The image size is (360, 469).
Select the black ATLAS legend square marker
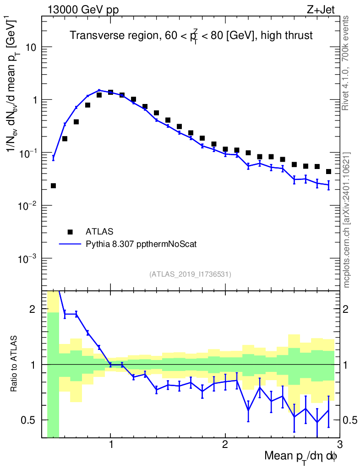click(70, 231)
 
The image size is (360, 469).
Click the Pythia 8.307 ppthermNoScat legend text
click(141, 244)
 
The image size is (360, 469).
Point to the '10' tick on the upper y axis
click(30, 47)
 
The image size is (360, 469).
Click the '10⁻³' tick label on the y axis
click(27, 259)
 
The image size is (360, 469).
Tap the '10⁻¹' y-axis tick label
click(27, 153)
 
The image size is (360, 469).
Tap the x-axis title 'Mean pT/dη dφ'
click(300, 457)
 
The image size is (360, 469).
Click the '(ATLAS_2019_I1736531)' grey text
click(190, 274)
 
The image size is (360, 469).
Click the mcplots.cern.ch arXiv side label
click(347, 220)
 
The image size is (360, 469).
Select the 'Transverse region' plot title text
click(191, 35)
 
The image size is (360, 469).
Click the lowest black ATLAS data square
click(53, 185)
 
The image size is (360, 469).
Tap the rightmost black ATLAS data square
click(328, 172)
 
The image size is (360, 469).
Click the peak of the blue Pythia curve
click(99, 90)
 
